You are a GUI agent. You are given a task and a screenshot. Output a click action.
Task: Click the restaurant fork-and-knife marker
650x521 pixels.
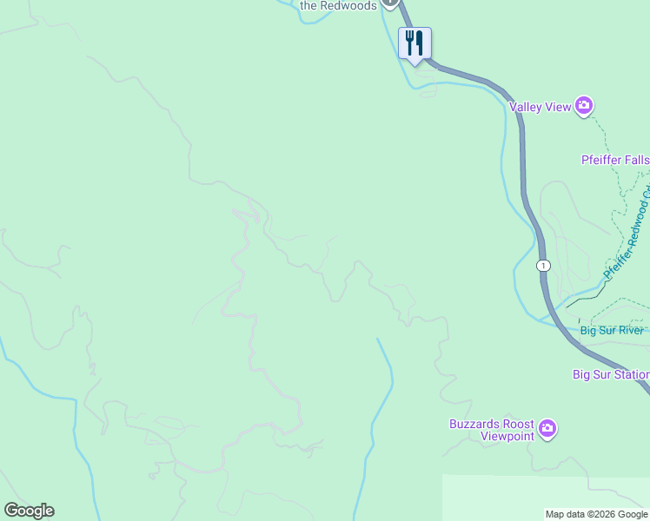coord(415,43)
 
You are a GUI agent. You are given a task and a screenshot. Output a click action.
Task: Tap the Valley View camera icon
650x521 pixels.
coord(584,107)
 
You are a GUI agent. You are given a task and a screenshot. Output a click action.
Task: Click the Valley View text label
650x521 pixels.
coord(540,107)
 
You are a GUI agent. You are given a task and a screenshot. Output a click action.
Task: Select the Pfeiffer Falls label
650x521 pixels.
coord(614,160)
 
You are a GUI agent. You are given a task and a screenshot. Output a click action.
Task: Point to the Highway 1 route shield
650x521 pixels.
coord(543,265)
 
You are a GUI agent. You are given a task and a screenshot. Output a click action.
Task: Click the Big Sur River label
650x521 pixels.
coord(612,330)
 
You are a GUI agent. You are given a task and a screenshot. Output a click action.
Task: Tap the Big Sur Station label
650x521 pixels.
coord(610,375)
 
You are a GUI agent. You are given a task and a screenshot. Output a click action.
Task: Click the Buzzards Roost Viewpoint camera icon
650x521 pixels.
coord(547,429)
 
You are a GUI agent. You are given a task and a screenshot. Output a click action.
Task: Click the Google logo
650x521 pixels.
coord(29,511)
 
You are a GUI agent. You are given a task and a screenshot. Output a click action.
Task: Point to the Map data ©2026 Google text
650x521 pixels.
coord(596,514)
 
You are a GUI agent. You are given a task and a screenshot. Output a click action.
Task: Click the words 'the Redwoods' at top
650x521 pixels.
coord(338,5)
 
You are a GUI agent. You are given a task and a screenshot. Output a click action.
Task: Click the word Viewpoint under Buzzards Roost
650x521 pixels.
coord(507,436)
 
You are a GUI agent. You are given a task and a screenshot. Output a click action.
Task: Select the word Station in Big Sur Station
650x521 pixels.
coord(633,375)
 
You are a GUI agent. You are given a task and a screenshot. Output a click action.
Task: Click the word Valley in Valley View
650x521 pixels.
coord(526,107)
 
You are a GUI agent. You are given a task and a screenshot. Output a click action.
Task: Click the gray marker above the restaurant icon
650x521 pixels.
coord(390,3)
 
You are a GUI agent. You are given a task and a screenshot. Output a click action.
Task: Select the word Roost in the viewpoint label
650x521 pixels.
coord(519,424)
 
